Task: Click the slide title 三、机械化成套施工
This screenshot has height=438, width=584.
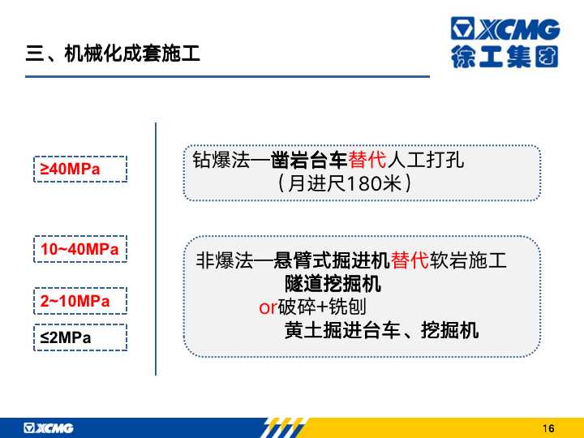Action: tap(113, 54)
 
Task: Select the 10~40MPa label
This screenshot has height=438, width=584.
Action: tap(79, 249)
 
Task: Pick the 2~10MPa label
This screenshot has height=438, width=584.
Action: tap(75, 301)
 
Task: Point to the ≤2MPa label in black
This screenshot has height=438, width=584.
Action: tap(66, 337)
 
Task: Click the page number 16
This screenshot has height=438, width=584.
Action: tap(548, 428)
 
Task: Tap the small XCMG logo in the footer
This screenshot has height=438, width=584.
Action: tap(49, 428)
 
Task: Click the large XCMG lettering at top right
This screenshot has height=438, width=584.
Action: tap(505, 28)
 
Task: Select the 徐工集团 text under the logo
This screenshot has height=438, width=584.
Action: tap(505, 56)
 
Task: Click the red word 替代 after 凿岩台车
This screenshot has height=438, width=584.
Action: tap(367, 160)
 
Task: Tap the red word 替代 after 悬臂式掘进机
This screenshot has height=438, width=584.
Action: tap(410, 260)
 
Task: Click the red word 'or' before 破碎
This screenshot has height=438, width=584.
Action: tap(268, 307)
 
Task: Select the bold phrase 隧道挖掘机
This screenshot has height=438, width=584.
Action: tap(333, 284)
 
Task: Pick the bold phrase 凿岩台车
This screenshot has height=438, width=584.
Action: tap(309, 160)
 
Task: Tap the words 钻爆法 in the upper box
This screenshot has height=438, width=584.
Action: tap(221, 160)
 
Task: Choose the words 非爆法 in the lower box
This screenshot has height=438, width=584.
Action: tap(225, 260)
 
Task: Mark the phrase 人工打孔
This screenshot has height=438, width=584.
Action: tap(425, 160)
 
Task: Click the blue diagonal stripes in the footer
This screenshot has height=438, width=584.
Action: tap(284, 427)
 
